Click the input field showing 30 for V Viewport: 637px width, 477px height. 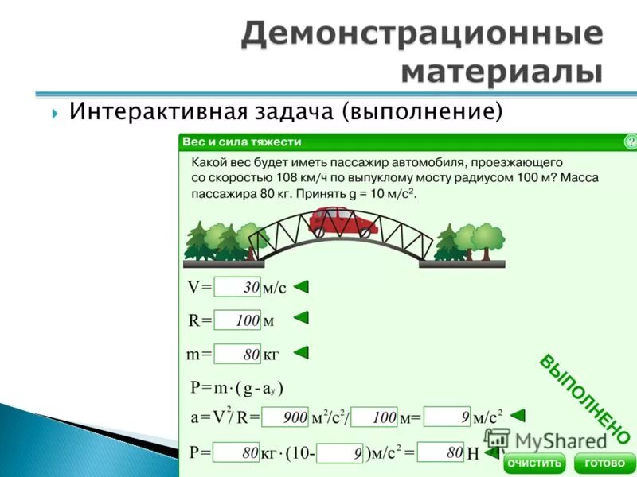pyautogui.click(x=238, y=287)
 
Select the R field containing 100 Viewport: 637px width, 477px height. pyautogui.click(x=238, y=320)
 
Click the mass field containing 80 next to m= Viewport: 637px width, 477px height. pyautogui.click(x=238, y=354)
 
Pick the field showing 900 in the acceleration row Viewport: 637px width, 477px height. pyautogui.click(x=285, y=417)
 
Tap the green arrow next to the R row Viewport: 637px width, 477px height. pyautogui.click(x=301, y=318)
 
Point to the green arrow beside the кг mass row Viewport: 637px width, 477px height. pyautogui.click(x=301, y=352)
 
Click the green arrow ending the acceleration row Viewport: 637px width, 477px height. pyautogui.click(x=518, y=415)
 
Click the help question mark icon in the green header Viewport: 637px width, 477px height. pyautogui.click(x=630, y=142)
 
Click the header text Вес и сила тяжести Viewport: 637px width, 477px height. pyautogui.click(x=242, y=142)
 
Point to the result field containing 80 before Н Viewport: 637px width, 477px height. pyautogui.click(x=440, y=452)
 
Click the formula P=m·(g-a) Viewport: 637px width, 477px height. pyautogui.click(x=236, y=388)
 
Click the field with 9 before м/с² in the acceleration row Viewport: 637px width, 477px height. pyautogui.click(x=447, y=416)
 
